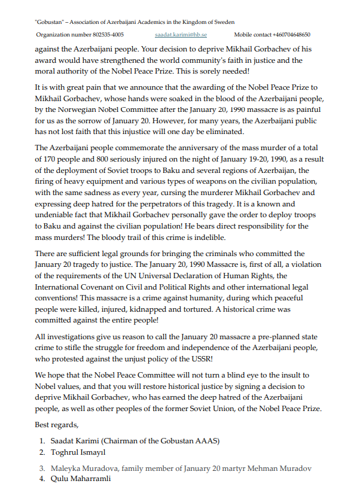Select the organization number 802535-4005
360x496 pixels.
pos(100,35)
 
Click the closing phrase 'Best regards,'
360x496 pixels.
pos(57,424)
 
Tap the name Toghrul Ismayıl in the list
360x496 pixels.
pos(79,452)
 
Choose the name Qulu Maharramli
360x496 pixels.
pos(81,479)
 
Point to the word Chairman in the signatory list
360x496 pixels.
pos(124,441)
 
